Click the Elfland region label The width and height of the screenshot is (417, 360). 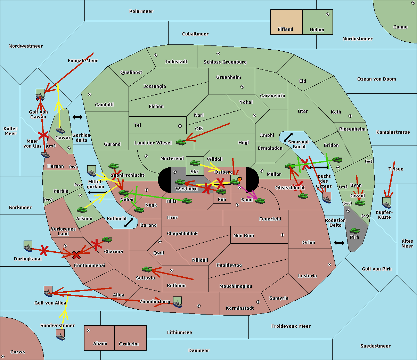point(285,30)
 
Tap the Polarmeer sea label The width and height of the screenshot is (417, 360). point(141,11)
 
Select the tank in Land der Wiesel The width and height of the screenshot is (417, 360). point(181,142)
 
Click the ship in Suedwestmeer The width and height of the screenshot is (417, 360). point(60,335)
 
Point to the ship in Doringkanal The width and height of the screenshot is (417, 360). point(28,246)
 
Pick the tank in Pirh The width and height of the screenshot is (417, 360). point(355,231)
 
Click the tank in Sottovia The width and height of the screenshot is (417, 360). point(147,269)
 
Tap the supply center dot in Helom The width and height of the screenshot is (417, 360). point(328,14)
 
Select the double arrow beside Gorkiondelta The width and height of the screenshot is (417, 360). point(77,117)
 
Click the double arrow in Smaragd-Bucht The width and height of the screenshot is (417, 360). point(288,137)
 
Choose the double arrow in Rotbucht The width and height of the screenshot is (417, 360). point(129,223)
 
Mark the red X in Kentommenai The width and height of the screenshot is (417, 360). point(76,255)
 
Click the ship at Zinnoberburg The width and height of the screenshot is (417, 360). point(178,302)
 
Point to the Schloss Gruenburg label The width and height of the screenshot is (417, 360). point(225,62)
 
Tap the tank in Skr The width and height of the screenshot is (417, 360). point(195,163)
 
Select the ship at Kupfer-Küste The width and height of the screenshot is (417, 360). point(386,203)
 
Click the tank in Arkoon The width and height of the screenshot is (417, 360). point(82,210)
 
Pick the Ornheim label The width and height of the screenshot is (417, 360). point(129,344)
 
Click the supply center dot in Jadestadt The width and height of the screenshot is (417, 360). point(156,55)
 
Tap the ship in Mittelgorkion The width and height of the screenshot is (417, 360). point(92,171)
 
